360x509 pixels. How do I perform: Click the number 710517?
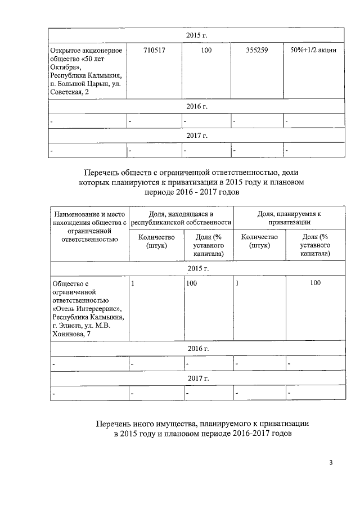155,51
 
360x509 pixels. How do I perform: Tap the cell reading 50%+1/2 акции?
313,51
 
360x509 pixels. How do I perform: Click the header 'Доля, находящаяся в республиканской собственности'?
181,218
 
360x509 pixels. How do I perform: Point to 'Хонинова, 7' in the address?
70,334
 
